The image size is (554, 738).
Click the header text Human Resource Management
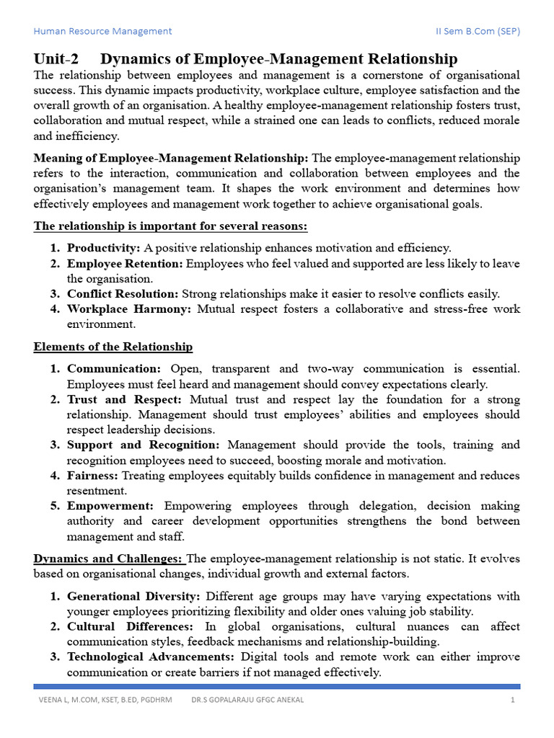point(103,31)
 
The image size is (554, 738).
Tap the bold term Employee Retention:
point(126,264)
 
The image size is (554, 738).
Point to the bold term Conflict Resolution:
point(123,294)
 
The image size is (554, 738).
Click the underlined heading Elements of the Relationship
point(113,347)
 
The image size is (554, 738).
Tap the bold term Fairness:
point(94,476)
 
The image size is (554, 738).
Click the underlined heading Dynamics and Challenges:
point(108,559)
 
